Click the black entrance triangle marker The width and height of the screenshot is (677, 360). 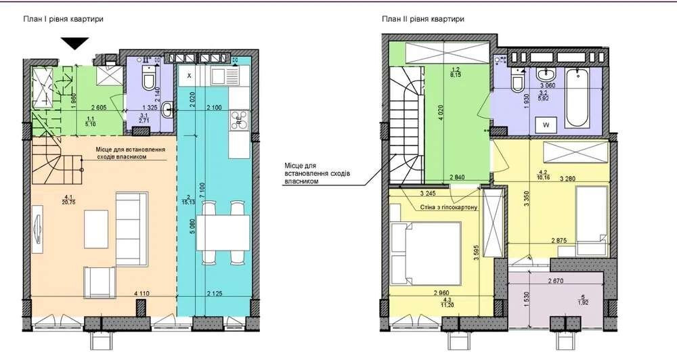point(74,44)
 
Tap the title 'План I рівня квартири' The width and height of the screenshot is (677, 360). point(63,20)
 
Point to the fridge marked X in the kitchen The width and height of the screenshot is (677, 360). point(189,75)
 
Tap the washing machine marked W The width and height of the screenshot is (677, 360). point(545,125)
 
